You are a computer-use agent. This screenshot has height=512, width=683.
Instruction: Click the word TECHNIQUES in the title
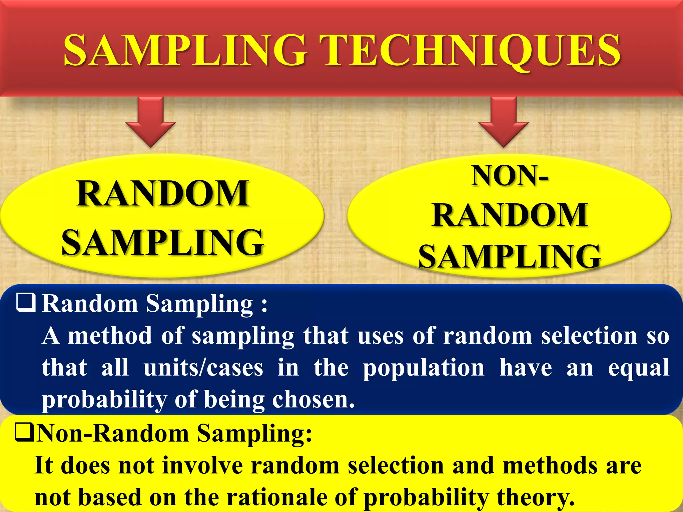click(470, 51)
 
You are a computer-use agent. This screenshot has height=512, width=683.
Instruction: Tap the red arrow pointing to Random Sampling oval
click(151, 122)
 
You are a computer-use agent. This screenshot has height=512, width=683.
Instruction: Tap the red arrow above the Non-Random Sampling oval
click(504, 122)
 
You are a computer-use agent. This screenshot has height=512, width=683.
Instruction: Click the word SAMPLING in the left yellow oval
click(163, 242)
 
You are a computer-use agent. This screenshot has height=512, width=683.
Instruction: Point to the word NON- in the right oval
click(509, 176)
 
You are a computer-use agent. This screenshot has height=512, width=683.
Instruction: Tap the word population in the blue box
click(424, 368)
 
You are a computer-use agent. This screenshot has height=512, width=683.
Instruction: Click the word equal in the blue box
click(638, 368)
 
